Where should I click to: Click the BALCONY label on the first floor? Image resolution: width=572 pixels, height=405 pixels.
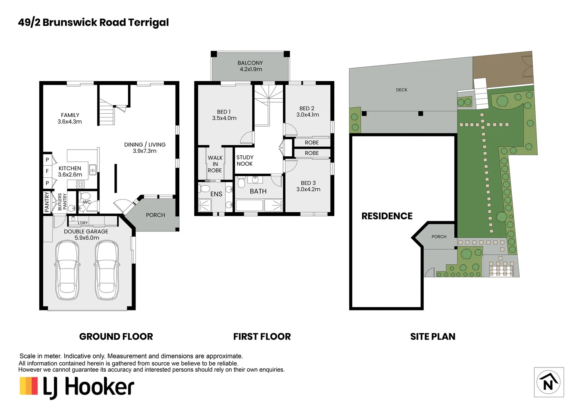point(250,63)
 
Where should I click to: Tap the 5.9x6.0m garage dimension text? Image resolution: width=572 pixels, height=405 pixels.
point(87,238)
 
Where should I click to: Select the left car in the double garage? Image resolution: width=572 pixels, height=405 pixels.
point(67,270)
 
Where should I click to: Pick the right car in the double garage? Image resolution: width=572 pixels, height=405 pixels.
point(106,270)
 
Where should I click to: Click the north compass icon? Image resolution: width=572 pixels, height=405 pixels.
point(548,382)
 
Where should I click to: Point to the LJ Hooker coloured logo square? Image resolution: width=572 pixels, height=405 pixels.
point(29,385)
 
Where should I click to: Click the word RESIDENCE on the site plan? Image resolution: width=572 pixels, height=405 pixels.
point(387,216)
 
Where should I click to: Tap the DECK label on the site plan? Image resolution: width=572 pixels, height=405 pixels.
point(401,90)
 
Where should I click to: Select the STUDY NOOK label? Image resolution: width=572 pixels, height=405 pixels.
point(244,160)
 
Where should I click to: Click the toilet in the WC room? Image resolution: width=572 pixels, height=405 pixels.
point(85,196)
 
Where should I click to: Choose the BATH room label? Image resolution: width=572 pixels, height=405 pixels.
point(258,191)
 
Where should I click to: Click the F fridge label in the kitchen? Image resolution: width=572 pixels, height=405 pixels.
point(47,171)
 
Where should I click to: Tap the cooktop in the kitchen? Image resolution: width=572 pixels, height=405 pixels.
point(80,184)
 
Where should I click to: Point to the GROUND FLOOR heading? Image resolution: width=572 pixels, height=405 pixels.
point(116,336)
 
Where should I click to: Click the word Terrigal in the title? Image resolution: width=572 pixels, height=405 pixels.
point(148,22)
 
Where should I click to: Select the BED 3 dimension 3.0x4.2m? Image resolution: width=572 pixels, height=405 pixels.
point(308,189)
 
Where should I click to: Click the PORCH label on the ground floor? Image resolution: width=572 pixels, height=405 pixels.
point(155,215)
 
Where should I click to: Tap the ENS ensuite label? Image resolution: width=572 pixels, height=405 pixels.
point(216,194)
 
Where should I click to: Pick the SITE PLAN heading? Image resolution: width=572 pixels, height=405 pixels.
point(433,336)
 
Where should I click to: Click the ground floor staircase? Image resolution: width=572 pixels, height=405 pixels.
point(106,115)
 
